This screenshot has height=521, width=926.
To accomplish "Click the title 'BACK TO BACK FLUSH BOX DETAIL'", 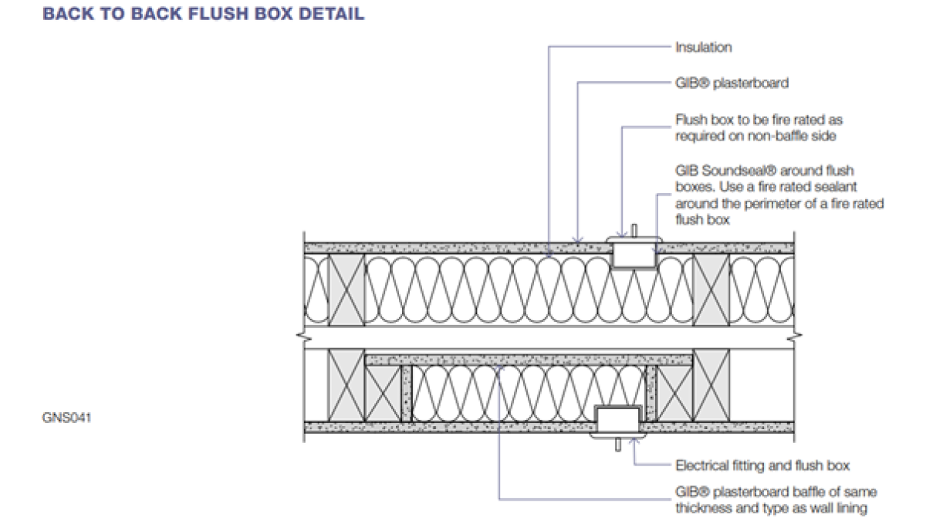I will tap(204, 15).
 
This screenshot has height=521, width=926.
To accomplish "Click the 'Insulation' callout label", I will tap(703, 47).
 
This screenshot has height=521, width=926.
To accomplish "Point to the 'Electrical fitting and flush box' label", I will tap(762, 465).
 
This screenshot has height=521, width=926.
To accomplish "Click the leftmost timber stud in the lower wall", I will tap(346, 384).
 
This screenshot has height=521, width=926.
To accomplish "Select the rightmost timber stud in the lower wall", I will tap(711, 384).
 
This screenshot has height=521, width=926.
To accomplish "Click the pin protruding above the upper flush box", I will tap(633, 230).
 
